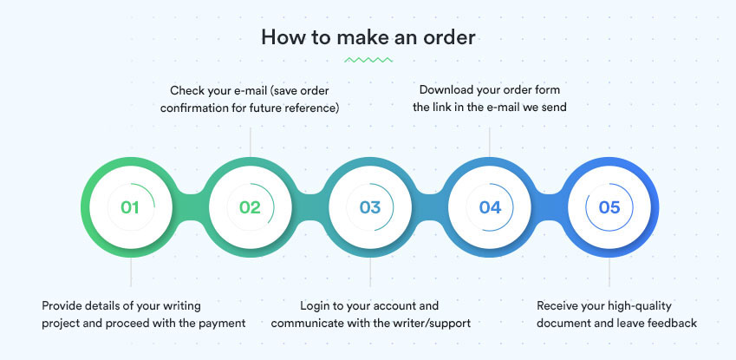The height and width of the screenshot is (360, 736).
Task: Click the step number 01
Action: [x=130, y=207]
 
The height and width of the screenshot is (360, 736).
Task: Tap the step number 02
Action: [x=250, y=207]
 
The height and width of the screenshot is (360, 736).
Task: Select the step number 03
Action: [x=370, y=207]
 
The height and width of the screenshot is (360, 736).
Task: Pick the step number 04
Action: [x=490, y=207]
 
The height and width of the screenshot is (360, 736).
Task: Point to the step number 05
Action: [x=609, y=207]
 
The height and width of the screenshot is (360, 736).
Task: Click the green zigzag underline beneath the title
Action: [x=368, y=60]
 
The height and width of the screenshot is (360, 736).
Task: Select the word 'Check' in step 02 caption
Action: [x=185, y=89]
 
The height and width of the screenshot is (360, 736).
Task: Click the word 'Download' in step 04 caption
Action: [x=443, y=89]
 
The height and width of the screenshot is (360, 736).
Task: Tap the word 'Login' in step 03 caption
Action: [x=314, y=306]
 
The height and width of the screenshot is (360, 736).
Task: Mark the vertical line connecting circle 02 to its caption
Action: [x=251, y=142]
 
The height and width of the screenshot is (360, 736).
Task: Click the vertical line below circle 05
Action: [x=609, y=272]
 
